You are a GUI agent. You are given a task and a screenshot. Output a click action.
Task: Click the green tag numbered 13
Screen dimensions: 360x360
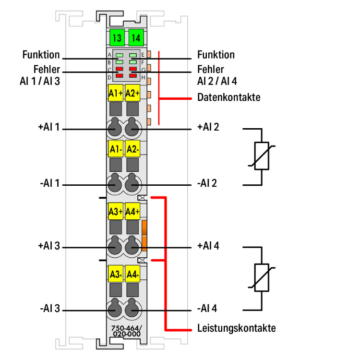116,36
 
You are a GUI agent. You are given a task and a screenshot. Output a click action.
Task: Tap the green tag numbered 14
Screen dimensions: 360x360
135,36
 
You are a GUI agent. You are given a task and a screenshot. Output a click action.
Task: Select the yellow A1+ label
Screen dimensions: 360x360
116,93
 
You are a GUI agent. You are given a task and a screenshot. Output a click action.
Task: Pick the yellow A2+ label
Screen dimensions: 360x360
132,93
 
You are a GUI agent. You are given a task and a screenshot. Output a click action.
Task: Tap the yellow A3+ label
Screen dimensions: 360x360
116,211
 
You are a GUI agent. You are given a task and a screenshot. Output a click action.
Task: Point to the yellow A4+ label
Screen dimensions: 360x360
132,211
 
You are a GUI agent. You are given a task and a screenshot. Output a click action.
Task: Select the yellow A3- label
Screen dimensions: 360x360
116,275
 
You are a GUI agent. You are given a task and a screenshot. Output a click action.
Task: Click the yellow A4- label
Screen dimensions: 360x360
132,275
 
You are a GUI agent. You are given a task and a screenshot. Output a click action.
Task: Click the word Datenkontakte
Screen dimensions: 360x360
228,98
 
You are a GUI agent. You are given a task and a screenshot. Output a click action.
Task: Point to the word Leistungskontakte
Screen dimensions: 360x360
236,329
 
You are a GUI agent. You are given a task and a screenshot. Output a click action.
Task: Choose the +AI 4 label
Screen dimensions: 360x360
208,246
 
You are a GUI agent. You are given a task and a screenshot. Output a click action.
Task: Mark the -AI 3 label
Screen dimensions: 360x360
50,309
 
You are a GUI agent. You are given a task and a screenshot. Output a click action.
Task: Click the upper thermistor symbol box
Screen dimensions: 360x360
262,156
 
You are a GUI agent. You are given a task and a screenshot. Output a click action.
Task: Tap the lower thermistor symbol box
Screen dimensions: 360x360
262,278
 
